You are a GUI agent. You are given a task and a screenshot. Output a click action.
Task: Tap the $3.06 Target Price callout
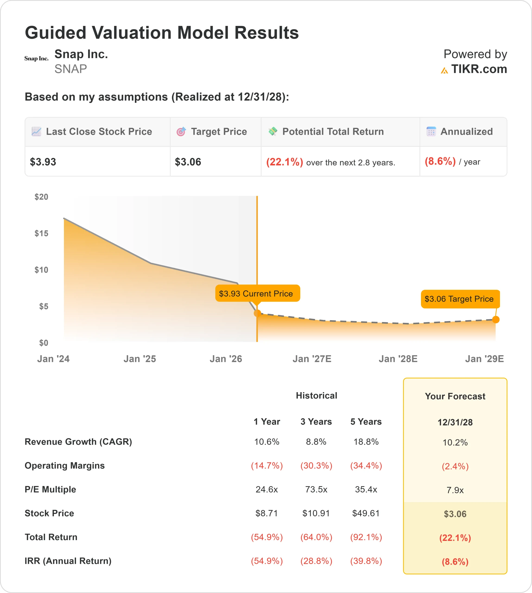coord(460,299)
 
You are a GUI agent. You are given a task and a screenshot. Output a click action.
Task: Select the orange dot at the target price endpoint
coord(496,319)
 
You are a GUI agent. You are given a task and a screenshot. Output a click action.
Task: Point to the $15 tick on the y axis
coord(41,233)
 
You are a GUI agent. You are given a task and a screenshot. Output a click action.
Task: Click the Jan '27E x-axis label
coord(312,359)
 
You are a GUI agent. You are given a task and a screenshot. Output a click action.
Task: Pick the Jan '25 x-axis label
coord(139,359)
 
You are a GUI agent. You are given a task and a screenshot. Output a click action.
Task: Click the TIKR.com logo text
coord(479,69)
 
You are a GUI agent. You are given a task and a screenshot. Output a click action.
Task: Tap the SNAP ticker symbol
coord(70,69)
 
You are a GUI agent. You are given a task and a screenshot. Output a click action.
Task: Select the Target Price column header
coord(219,132)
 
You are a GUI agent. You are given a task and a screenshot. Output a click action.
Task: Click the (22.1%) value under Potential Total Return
coord(284,162)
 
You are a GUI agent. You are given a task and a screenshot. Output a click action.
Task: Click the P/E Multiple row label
coord(50,489)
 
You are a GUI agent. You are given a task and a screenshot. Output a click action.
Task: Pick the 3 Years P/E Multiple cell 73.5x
coord(316,489)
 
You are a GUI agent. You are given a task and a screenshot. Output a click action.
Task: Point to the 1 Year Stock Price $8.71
coord(267,513)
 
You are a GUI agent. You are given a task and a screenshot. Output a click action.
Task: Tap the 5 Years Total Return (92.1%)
coord(366,537)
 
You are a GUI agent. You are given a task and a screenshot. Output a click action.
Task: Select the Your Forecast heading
coord(455,396)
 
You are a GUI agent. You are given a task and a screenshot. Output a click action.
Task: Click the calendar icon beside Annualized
coord(431,132)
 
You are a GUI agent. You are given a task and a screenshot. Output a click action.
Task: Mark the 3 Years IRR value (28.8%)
coord(316,561)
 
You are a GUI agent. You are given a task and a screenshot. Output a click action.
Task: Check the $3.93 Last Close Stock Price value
coord(43,162)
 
